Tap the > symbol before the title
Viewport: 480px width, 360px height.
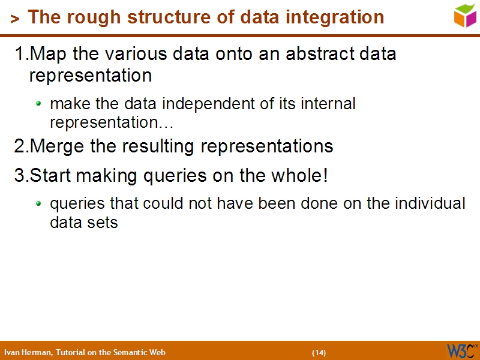pos(15,19)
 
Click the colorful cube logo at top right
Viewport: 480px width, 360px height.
pos(465,14)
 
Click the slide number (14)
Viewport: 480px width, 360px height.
pos(319,352)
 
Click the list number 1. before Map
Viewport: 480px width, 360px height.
pos(22,54)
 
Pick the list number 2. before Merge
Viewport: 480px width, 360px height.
pos(22,146)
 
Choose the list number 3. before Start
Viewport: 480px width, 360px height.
pos(22,176)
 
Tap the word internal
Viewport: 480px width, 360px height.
pos(326,104)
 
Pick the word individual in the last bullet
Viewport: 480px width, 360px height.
pos(430,203)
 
